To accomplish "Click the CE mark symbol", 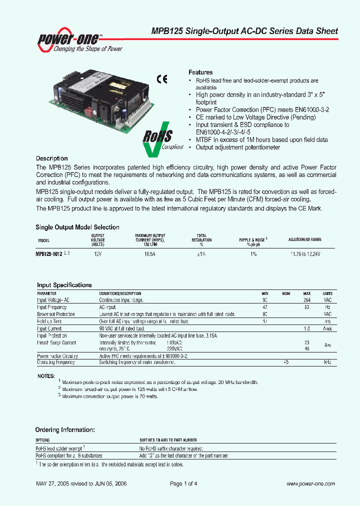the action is tap(162, 78).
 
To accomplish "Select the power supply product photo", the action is tap(102, 100).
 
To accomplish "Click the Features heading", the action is tap(200, 72).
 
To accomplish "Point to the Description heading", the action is tap(52, 158).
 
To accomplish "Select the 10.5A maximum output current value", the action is tap(150, 254).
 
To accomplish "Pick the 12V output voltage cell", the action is tap(98, 254).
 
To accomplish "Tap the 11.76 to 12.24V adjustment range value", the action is tap(305, 254).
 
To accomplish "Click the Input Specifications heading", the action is tap(64, 285).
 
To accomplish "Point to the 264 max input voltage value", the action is tap(307, 300).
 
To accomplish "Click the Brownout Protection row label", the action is tap(56, 314).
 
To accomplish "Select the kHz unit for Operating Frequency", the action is tap(327, 361).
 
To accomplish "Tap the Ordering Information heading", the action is tap(65, 429).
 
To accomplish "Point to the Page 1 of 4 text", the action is tap(184, 483).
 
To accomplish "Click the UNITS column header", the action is tap(327, 293).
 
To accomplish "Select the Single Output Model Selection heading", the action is tap(77, 227).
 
